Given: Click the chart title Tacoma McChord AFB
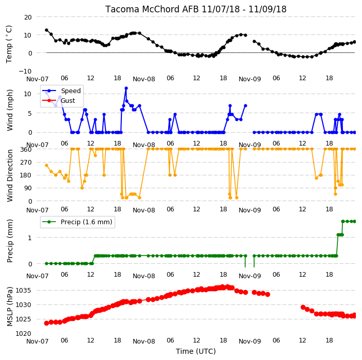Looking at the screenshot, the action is [x=152, y=9].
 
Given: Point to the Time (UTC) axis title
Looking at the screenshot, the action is [x=196, y=351].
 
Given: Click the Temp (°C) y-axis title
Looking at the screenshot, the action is [x=9, y=44].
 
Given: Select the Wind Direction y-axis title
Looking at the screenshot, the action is [x=10, y=176].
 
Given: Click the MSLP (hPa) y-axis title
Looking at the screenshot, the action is [x=10, y=307].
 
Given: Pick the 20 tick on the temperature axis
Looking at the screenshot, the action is [x=28, y=17].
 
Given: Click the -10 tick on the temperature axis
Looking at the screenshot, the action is [x=25, y=71].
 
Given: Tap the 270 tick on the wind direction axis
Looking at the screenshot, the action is [x=26, y=163].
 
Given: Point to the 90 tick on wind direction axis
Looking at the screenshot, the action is [x=28, y=188].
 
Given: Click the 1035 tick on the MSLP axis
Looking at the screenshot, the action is [x=23, y=290].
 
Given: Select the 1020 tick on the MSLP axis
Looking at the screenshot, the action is [x=23, y=333].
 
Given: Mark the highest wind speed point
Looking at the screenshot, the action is [x=126, y=88].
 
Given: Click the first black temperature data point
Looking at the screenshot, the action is [x=46, y=30].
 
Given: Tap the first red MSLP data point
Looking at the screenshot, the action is [x=46, y=323].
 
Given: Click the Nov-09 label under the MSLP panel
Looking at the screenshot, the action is [x=249, y=341].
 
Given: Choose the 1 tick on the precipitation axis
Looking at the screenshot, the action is [x=29, y=238].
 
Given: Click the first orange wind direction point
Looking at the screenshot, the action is [x=46, y=165].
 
